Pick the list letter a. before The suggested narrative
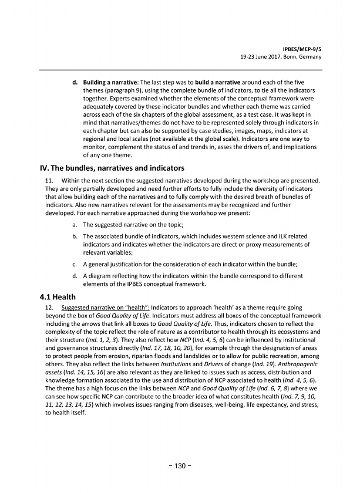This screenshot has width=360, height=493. click(74, 225)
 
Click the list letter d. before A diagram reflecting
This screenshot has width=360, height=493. click(74, 275)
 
